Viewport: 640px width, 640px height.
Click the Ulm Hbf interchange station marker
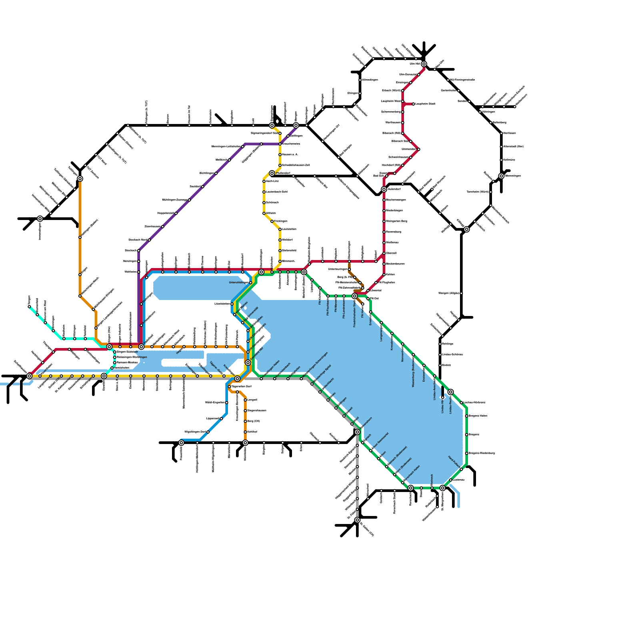(424, 64)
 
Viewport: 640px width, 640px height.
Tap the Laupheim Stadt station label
(425, 104)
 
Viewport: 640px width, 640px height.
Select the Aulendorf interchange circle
(384, 189)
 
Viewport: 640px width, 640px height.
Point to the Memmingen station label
(512, 176)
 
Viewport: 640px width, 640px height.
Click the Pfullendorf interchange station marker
(272, 173)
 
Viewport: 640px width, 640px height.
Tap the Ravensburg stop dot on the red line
(384, 232)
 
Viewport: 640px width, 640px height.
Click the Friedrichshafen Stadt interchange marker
(354, 296)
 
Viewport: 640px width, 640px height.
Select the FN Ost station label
(374, 298)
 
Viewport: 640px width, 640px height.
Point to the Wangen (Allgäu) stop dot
(461, 293)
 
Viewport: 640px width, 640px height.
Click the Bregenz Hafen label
(478, 416)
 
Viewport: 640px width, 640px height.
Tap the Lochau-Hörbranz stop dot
(461, 402)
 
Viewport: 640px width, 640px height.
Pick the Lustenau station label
(458, 480)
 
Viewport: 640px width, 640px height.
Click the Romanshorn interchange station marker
(357, 432)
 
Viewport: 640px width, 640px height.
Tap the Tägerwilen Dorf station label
(241, 387)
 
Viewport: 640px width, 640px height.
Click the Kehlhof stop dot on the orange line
(245, 432)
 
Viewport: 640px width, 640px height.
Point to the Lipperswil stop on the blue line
(221, 419)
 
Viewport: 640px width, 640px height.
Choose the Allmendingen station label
(370, 80)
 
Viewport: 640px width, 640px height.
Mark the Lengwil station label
(252, 400)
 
